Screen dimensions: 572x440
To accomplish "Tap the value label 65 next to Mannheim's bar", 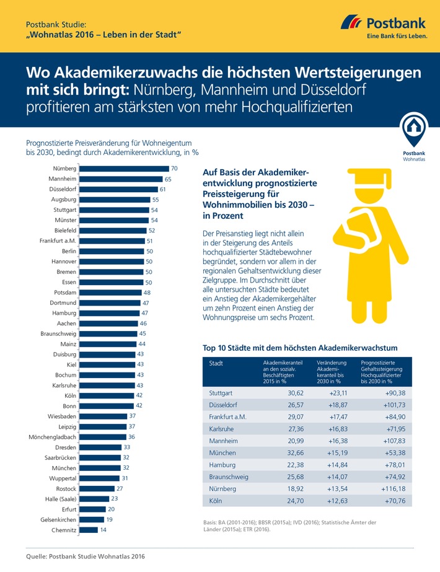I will coord(169,178).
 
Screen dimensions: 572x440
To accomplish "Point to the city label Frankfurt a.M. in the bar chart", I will coord(58,241).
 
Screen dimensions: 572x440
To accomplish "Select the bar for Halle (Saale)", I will coord(94,499).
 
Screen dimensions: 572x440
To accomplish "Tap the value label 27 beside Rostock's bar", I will coord(120,488).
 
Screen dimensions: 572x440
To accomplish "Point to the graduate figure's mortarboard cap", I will coord(366,175).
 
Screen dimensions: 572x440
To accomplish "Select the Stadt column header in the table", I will coord(216,364).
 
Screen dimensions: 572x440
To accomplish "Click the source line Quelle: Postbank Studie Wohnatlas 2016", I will coord(86,558).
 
